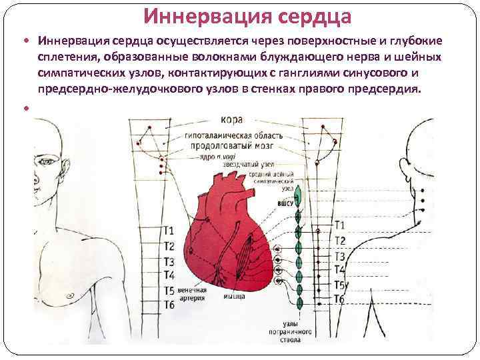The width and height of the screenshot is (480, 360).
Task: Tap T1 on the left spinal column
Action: click(169, 231)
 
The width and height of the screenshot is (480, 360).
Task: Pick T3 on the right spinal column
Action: click(339, 257)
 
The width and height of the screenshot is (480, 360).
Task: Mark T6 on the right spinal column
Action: click(339, 299)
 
